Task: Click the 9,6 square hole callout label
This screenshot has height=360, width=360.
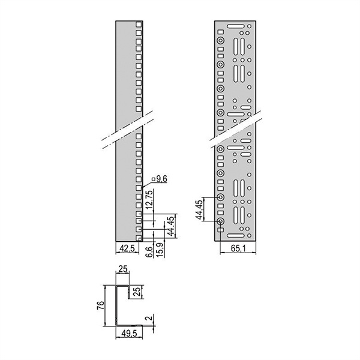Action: coord(160,179)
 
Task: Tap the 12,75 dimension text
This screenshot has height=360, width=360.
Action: coord(149,199)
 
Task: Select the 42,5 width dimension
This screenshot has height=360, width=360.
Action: coord(127,248)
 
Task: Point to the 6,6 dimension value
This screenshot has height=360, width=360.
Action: coord(149,252)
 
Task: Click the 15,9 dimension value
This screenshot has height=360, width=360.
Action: coord(160,250)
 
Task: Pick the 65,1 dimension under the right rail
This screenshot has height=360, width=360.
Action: coord(238,248)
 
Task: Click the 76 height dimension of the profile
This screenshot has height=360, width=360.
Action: coord(101,305)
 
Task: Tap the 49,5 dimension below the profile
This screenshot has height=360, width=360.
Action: coord(129,334)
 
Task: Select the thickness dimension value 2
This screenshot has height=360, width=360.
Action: coord(149,318)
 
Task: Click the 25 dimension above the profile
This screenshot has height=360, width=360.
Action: coord(123,269)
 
